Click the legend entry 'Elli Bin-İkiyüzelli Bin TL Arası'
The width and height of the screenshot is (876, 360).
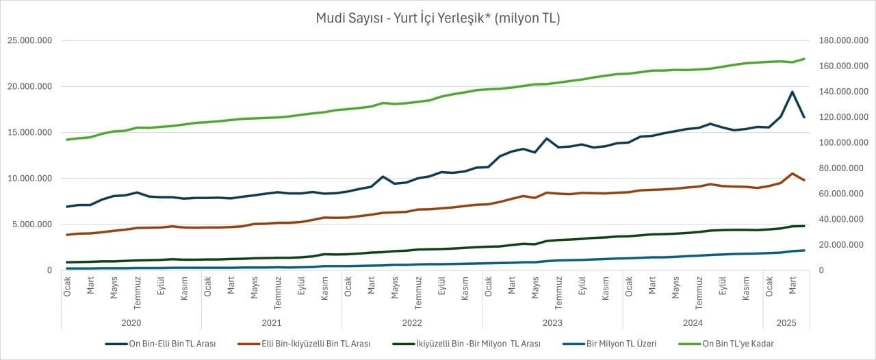click(316, 344)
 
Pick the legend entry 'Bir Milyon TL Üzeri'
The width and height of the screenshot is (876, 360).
click(621, 344)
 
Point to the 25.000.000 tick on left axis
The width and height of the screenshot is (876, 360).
click(29, 40)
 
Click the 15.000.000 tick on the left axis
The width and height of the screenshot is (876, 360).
click(29, 132)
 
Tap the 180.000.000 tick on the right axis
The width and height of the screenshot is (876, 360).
click(845, 40)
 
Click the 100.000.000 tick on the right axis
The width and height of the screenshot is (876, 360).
click(845, 142)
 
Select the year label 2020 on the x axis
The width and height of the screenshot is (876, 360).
click(131, 322)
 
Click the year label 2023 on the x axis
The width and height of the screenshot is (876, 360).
click(552, 322)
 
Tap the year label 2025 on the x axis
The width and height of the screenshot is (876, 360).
click(786, 322)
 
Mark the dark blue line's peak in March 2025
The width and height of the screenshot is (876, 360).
click(792, 92)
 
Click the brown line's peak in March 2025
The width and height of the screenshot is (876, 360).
click(792, 173)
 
